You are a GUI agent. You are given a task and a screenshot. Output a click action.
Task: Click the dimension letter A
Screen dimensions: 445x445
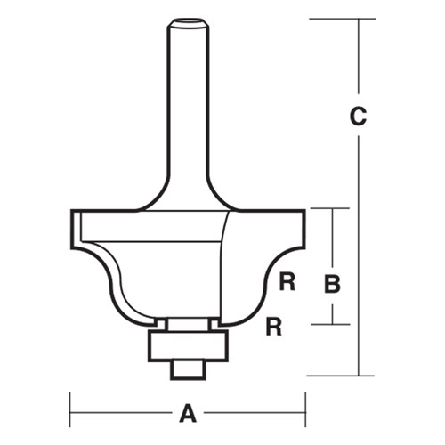tap(187, 413)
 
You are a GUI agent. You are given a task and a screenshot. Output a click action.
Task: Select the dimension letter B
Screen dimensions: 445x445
tap(332, 286)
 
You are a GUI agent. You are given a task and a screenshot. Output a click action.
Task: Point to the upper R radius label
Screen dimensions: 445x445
tap(286, 284)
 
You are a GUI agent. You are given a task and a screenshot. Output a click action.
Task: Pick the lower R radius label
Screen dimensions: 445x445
tap(274, 328)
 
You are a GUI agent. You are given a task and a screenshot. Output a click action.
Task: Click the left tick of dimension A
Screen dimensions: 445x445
tap(70, 413)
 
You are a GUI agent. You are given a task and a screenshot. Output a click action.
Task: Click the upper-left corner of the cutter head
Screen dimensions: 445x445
tap(72, 212)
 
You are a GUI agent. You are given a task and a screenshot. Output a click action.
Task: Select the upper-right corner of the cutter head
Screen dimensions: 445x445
tap(304, 212)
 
